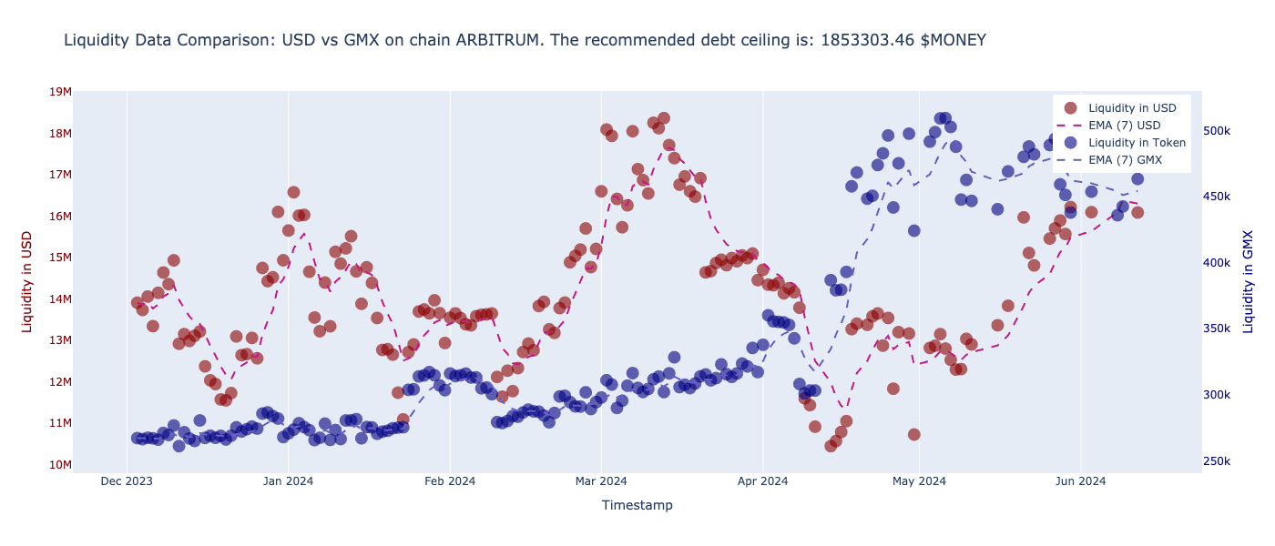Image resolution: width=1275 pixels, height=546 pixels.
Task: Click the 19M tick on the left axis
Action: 60,91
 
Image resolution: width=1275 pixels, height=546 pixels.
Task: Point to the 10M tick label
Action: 60,465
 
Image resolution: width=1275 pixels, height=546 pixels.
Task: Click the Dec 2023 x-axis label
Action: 127,481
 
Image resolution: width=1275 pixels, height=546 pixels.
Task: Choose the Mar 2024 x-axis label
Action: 601,481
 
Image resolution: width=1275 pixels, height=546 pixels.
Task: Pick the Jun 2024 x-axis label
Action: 1080,481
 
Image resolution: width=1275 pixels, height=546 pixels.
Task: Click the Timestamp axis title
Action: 637,505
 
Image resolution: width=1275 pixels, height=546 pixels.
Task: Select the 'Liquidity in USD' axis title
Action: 27,281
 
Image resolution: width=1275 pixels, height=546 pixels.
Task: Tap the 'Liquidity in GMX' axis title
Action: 1248,281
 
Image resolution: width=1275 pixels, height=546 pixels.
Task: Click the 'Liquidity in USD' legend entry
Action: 1132,108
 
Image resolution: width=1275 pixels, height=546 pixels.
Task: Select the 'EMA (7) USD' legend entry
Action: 1124,126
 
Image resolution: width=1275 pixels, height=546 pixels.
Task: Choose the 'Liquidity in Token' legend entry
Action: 1137,143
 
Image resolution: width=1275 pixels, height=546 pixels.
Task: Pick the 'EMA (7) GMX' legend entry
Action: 1125,160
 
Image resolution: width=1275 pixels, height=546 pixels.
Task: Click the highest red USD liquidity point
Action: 664,118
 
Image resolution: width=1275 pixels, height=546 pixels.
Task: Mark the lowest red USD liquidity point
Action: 831,446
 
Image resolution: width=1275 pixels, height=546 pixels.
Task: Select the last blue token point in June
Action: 1137,178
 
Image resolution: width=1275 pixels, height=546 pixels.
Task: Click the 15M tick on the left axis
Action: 60,258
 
